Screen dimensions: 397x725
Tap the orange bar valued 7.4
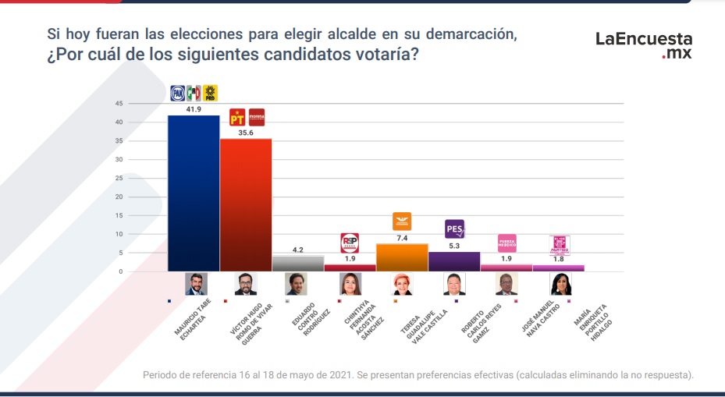pos(402,257)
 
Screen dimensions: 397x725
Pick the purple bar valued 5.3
pos(454,261)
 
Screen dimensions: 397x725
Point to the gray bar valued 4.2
pos(297,264)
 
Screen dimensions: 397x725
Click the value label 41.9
pos(194,110)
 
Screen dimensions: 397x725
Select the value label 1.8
pos(559,260)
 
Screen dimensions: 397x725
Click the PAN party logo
pos(178,94)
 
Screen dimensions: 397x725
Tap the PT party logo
pos(237,118)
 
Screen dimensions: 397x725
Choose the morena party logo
pos(256,118)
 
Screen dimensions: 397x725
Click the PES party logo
pos(454,229)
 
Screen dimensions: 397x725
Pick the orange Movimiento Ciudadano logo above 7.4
pos(402,222)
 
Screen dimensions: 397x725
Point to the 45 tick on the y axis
pos(119,104)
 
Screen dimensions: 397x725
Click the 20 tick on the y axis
pos(119,197)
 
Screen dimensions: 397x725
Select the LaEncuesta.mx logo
pos(644,45)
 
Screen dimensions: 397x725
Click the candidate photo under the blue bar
pos(194,284)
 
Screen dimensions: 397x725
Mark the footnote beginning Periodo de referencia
pos(418,374)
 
